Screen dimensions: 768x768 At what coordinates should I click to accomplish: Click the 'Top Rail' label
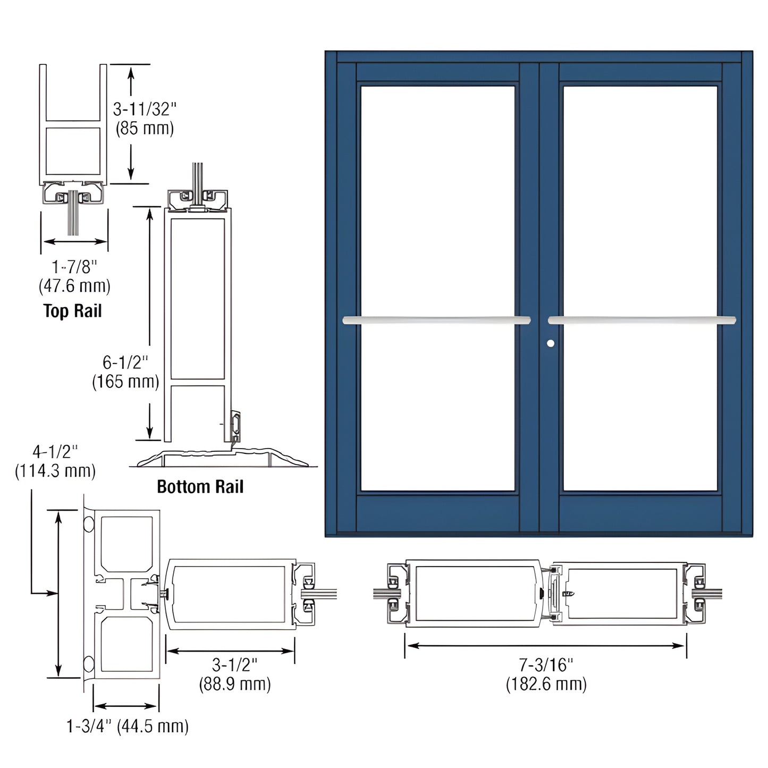click(x=72, y=311)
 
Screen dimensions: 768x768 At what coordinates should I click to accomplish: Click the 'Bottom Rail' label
click(x=200, y=486)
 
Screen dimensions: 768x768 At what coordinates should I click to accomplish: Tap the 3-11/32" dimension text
click(x=145, y=109)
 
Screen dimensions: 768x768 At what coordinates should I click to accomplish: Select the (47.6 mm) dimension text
click(x=74, y=286)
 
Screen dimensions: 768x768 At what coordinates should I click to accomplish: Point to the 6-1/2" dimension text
click(x=125, y=362)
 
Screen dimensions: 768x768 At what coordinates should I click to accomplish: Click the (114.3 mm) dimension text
click(x=55, y=471)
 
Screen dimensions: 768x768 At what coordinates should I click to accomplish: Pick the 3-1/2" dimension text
click(x=235, y=664)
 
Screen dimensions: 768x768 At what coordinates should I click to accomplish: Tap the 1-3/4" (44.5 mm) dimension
click(x=128, y=726)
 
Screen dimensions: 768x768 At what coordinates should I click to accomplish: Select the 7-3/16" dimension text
click(x=546, y=664)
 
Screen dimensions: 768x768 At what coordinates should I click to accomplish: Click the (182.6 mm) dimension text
click(x=546, y=684)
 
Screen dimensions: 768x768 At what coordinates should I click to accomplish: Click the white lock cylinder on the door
click(x=551, y=343)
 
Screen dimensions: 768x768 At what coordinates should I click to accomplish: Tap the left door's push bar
click(x=436, y=320)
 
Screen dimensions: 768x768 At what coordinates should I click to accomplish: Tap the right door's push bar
click(x=642, y=320)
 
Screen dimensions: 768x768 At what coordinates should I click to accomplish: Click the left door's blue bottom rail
click(x=437, y=513)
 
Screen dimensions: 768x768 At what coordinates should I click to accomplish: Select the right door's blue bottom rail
click(x=640, y=513)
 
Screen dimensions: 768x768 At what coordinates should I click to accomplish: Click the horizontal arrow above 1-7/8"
click(x=75, y=242)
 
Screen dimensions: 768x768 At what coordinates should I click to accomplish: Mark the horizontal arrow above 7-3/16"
click(x=545, y=646)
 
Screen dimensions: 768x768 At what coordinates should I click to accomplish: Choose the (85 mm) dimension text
click(x=145, y=129)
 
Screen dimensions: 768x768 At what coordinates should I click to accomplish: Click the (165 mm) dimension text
click(x=125, y=382)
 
